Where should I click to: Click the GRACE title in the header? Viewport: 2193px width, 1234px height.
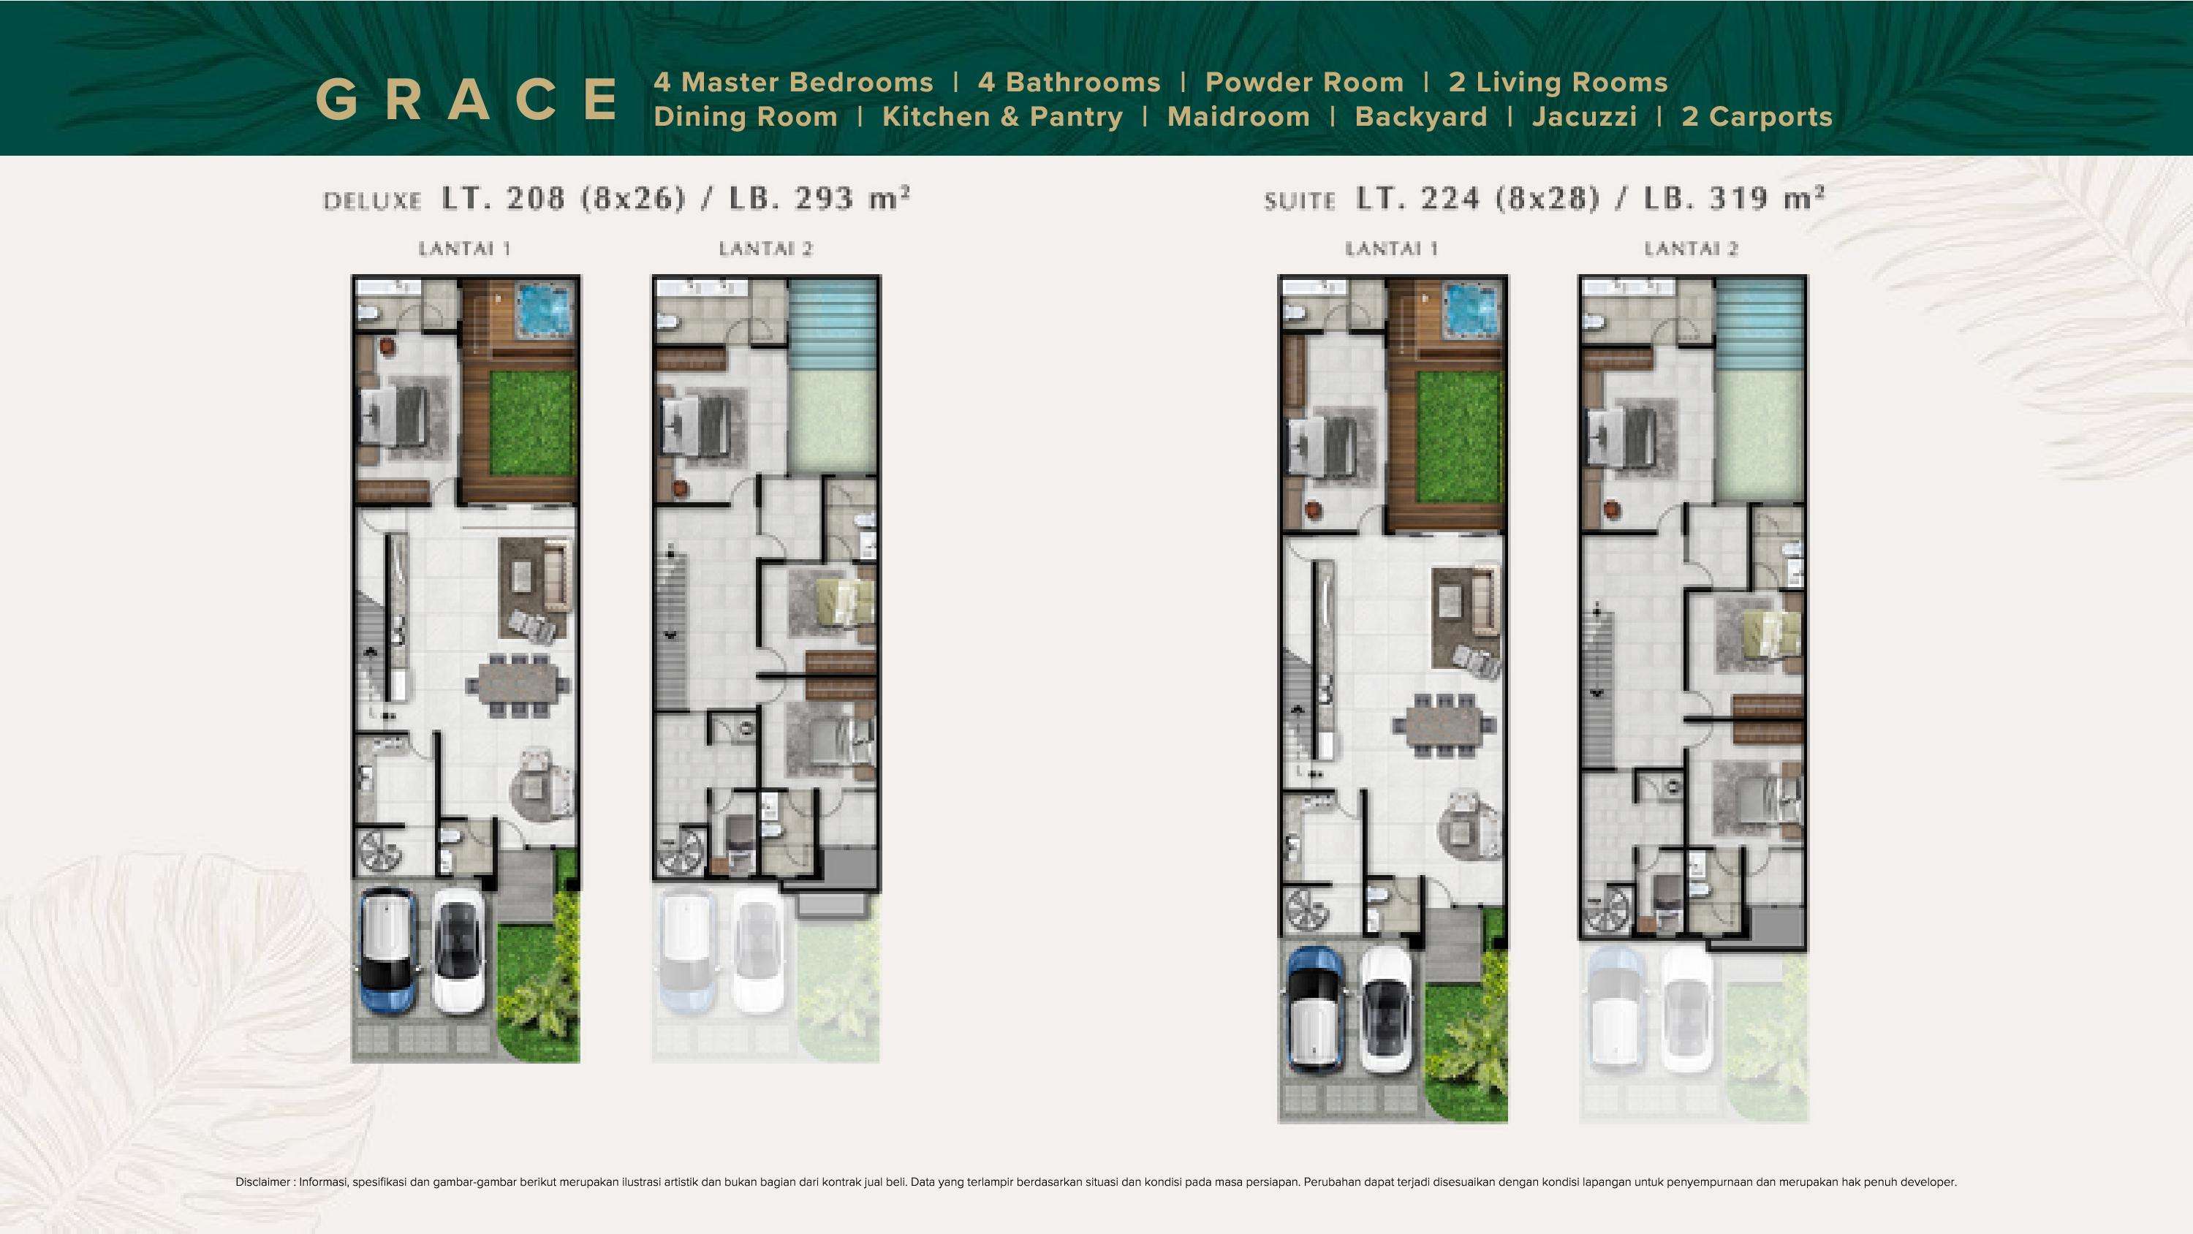[x=467, y=99]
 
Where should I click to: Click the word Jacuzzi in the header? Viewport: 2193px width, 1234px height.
[x=1584, y=117]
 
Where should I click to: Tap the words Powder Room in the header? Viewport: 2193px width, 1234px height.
[x=1304, y=83]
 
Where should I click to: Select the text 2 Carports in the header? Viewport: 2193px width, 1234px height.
[x=1757, y=117]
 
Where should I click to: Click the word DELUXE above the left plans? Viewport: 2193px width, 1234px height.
[x=372, y=201]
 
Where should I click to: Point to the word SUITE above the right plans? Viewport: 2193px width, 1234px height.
[x=1299, y=201]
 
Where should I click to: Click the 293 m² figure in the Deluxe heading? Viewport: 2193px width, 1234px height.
[x=852, y=197]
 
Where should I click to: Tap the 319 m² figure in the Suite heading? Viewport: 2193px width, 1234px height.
[x=1767, y=197]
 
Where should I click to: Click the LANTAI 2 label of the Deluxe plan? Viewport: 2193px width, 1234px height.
[x=765, y=249]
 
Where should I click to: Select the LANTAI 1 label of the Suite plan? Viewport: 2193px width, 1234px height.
[x=1392, y=249]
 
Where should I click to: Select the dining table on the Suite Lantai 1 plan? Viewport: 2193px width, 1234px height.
[x=1444, y=724]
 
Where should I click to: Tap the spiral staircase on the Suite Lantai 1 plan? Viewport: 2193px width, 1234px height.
[x=1305, y=912]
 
